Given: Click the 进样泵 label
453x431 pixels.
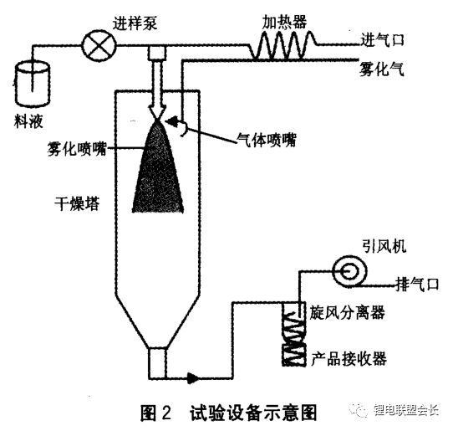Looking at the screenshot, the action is pos(135,23).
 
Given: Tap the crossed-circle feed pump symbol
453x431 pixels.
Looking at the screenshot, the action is pos(99,45).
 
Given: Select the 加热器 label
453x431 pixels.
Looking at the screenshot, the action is pos(284,22).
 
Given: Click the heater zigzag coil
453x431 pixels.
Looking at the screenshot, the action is pos(283,45).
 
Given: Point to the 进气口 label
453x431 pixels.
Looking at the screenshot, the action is pos(382,39).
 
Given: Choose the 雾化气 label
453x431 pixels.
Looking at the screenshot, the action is pos(381,69).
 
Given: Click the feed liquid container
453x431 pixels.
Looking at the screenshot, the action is pos(33,84).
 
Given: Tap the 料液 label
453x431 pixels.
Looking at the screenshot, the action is pos(28,121).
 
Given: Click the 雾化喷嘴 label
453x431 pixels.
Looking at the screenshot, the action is pos(77,149).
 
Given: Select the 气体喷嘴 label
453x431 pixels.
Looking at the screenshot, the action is pos(267,140).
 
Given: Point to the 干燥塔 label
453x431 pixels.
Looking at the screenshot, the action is pos(77,203).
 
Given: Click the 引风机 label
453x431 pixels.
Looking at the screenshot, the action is pos(384,246).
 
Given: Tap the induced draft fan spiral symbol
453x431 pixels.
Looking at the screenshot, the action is pos(349,271).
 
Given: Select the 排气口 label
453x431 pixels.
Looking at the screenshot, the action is pos(417,284).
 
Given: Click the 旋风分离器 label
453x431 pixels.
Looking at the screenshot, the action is pos(347,312).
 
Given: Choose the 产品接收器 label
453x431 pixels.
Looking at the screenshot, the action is pos(349,359).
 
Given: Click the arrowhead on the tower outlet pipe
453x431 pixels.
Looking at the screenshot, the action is pos(193,377).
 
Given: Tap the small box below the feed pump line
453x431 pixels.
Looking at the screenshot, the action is pos(157,53).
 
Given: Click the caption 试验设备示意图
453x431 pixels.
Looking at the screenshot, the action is pos(253,413).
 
